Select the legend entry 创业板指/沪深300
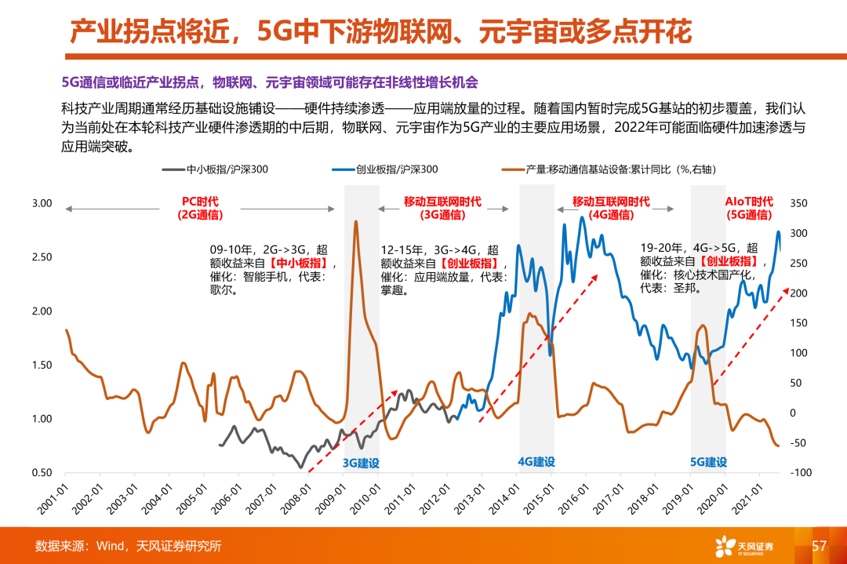coord(396,169)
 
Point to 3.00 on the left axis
coord(42,204)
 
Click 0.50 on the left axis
coord(42,473)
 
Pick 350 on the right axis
coord(798,204)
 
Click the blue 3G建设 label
coord(362,463)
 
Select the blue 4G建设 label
coord(536,462)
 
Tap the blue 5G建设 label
coord(708,462)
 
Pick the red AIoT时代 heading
coord(748,201)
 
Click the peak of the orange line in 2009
coord(356,222)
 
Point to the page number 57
coord(819,546)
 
